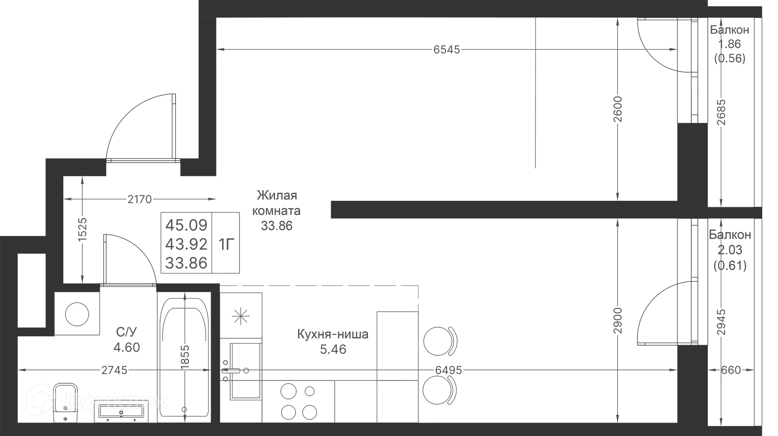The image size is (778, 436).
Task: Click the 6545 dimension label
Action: pyautogui.click(x=447, y=49)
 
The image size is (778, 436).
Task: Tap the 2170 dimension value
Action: pyautogui.click(x=139, y=199)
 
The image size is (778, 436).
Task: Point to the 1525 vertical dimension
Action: pyautogui.click(x=82, y=230)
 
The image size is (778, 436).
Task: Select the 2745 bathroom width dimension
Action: pyautogui.click(x=114, y=370)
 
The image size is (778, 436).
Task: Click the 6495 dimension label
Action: pyautogui.click(x=449, y=370)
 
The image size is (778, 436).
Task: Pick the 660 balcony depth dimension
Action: pyautogui.click(x=731, y=370)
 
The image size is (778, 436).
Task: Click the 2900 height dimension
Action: pyautogui.click(x=618, y=320)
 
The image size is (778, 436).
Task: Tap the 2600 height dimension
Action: pyautogui.click(x=618, y=109)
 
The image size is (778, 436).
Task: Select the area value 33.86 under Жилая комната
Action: pyautogui.click(x=277, y=226)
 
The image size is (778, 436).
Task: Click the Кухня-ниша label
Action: pyautogui.click(x=333, y=334)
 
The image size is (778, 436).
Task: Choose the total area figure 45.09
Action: pyautogui.click(x=186, y=225)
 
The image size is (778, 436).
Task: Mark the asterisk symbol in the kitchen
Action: pyautogui.click(x=241, y=316)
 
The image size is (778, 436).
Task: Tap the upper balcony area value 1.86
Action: pyautogui.click(x=729, y=44)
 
